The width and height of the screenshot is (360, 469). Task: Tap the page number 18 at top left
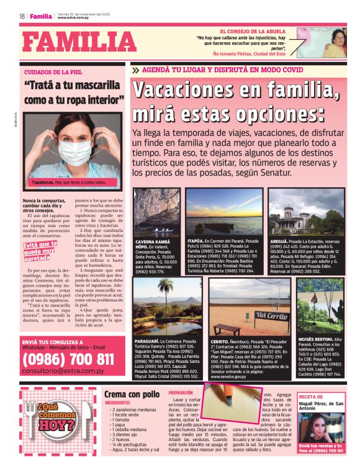pos(22,16)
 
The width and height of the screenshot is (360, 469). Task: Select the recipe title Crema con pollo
pos(132,394)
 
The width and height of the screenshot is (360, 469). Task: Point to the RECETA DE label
pos(311,396)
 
